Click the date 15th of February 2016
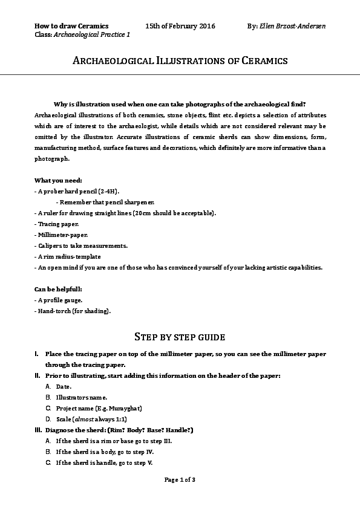(180, 27)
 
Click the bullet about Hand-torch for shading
(73, 311)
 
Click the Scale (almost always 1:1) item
(91, 419)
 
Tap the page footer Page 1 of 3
(180, 479)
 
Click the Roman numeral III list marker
(39, 430)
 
